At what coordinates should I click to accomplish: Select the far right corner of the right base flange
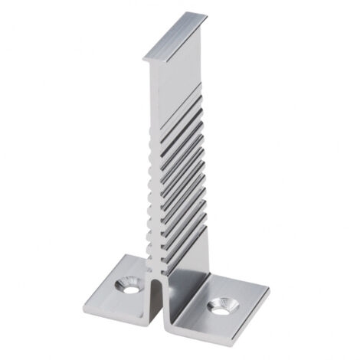(269, 293)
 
